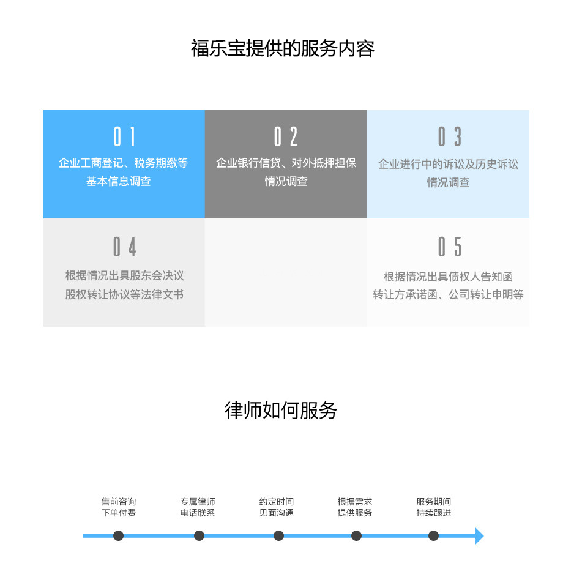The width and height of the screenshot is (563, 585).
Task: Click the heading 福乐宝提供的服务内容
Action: point(283,48)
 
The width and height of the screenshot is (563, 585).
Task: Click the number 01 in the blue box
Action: point(124,136)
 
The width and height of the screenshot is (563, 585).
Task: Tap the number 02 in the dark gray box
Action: point(286,136)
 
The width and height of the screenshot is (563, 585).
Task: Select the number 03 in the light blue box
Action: point(450,136)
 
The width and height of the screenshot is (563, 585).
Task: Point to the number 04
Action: point(125,247)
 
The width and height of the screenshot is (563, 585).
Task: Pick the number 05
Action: point(450,247)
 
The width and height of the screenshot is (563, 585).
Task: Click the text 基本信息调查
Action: point(119,181)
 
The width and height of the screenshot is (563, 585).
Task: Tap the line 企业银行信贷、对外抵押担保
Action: point(286,163)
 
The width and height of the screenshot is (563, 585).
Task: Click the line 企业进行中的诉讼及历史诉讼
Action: point(448,164)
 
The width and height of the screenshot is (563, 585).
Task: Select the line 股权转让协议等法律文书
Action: point(124,294)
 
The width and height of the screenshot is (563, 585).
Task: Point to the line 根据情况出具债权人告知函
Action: point(448,277)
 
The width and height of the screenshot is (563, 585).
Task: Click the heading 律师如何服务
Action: point(281,411)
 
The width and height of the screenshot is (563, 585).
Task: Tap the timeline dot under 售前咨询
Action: point(118,536)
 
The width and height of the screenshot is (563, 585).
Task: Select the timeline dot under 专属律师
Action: point(199,536)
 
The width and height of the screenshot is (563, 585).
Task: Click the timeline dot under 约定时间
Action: point(278,536)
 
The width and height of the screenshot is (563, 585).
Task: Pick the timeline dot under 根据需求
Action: point(356,536)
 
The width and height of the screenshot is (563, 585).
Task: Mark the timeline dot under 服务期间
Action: point(433,536)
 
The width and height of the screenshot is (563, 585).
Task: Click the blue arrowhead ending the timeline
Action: point(479,536)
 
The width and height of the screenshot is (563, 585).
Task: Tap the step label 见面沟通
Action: point(277,513)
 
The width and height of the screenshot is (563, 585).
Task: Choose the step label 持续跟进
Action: point(433,513)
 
